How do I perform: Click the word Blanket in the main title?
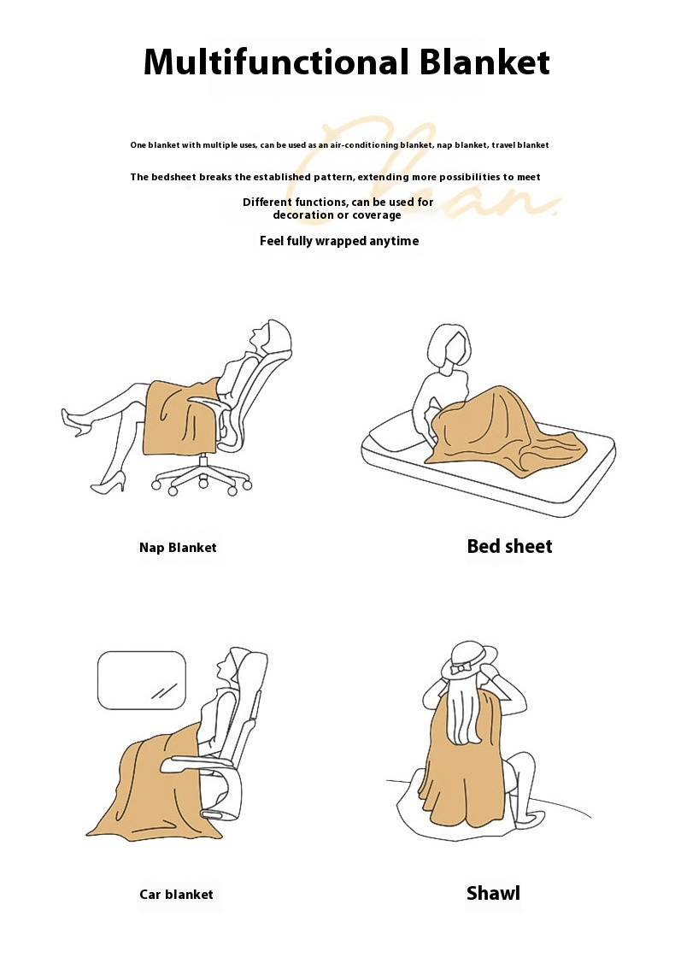[x=484, y=62]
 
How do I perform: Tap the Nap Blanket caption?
[x=178, y=548]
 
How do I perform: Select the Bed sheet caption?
[x=510, y=546]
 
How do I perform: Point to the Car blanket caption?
[x=176, y=894]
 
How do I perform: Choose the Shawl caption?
[x=493, y=893]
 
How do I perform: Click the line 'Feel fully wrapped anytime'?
[x=339, y=241]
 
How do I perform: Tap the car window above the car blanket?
[x=142, y=680]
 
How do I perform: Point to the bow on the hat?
[x=461, y=669]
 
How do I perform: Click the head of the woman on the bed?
[x=450, y=347]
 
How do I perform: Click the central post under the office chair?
[x=203, y=463]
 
